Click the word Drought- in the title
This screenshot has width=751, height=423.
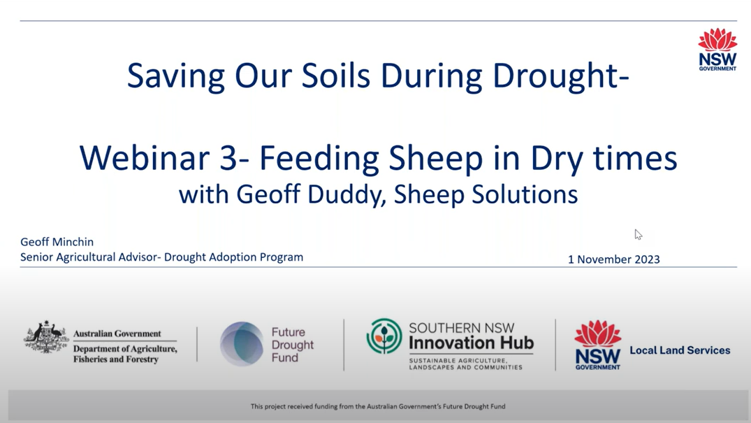click(x=560, y=76)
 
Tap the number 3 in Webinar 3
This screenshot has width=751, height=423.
click(x=228, y=158)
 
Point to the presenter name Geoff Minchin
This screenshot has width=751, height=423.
click(x=57, y=242)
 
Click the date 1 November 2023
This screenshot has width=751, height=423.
click(x=613, y=259)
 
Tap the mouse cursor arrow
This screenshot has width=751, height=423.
click(x=638, y=234)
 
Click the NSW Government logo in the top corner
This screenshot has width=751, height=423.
click(x=717, y=50)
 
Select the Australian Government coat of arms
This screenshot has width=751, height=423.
click(x=46, y=337)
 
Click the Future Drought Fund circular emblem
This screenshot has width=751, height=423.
click(x=242, y=344)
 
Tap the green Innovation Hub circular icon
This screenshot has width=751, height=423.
click(x=384, y=336)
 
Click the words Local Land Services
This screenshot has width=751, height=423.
click(x=680, y=350)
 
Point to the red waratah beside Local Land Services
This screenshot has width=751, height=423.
click(x=598, y=334)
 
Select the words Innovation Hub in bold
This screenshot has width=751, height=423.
click(x=472, y=343)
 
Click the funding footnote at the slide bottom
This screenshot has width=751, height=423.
click(x=378, y=406)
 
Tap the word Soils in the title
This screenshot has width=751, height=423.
click(x=336, y=76)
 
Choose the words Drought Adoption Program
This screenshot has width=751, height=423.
click(x=233, y=257)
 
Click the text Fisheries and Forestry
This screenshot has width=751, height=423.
click(x=116, y=359)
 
